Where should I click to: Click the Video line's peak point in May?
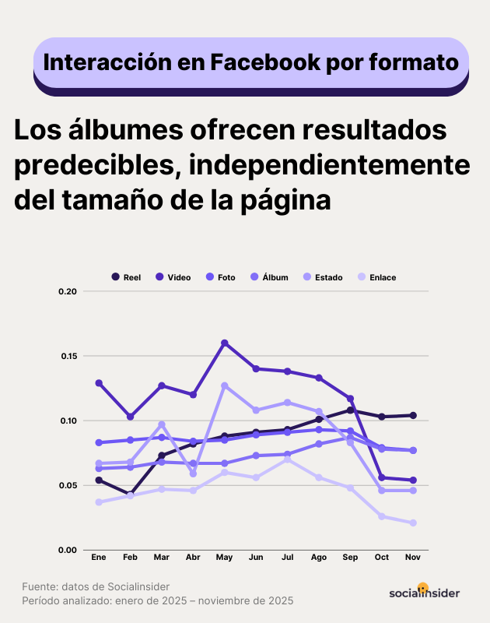[x=225, y=343]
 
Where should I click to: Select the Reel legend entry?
[x=126, y=277]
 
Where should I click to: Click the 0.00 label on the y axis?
[x=68, y=551]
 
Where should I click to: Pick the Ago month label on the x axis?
[x=317, y=558]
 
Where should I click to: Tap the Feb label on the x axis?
[x=131, y=558]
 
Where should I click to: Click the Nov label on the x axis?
[x=413, y=558]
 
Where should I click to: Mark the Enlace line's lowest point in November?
[x=413, y=523]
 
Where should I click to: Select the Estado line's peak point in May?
[x=225, y=385]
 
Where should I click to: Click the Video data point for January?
[x=99, y=383]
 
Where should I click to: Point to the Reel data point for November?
[x=413, y=415]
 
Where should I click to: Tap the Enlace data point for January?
[x=99, y=502]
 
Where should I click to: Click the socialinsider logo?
[x=424, y=592]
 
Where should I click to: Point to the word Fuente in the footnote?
[x=40, y=586]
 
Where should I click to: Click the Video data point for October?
[x=382, y=477]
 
